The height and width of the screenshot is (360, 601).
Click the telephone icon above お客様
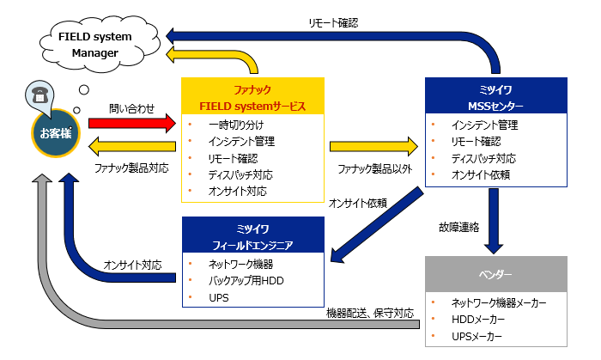[x=39, y=95]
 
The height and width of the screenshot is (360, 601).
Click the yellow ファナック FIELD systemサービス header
[x=253, y=97]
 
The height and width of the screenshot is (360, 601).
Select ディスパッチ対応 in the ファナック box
[x=240, y=174]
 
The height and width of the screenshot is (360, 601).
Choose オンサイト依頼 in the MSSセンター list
[x=481, y=174]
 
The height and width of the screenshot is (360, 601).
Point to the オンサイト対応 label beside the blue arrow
[x=131, y=264]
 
